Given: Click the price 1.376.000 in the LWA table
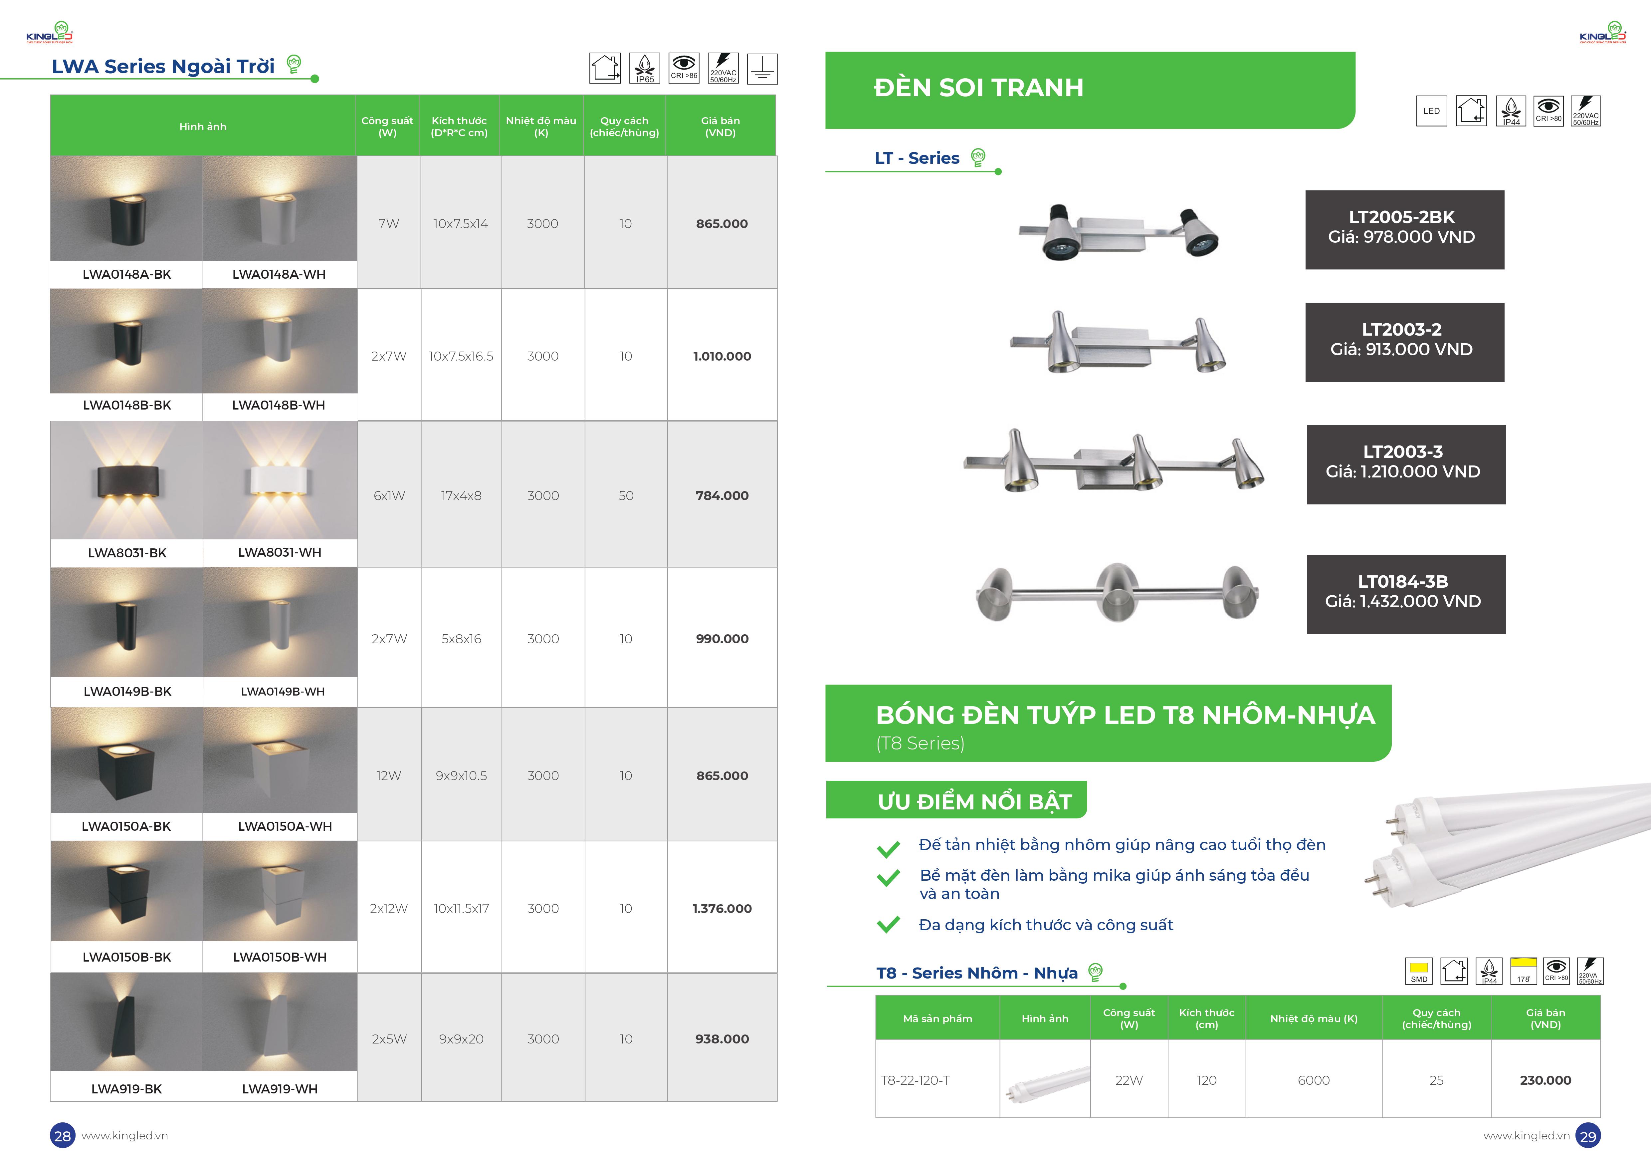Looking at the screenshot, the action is pos(722,908).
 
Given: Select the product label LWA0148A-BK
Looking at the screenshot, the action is pos(126,274).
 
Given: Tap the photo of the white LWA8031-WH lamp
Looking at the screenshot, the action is pos(280,480).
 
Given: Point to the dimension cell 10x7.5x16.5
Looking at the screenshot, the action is pos(461,356).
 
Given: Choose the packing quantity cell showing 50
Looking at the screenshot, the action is pos(626,495).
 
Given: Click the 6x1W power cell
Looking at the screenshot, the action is pos(389,495).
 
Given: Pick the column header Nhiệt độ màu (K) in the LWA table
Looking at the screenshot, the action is pos(541,127).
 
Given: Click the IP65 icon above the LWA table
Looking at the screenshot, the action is pos(645,68).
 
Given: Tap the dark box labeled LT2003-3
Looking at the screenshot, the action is pos(1406,464).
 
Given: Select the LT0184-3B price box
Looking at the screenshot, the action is pos(1406,594).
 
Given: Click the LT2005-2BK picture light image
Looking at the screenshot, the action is pos(1118,232).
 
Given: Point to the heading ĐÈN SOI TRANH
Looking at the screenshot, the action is pos(979,88).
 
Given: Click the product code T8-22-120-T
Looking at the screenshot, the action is pos(915,1080).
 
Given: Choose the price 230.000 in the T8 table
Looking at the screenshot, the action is pos(1545,1080).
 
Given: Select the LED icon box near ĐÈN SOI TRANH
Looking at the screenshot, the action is pos(1431,111).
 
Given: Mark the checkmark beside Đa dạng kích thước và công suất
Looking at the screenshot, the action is pos(889,924).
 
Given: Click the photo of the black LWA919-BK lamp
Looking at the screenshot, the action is pos(126,1022).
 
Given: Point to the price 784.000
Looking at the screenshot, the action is pos(722,495).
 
